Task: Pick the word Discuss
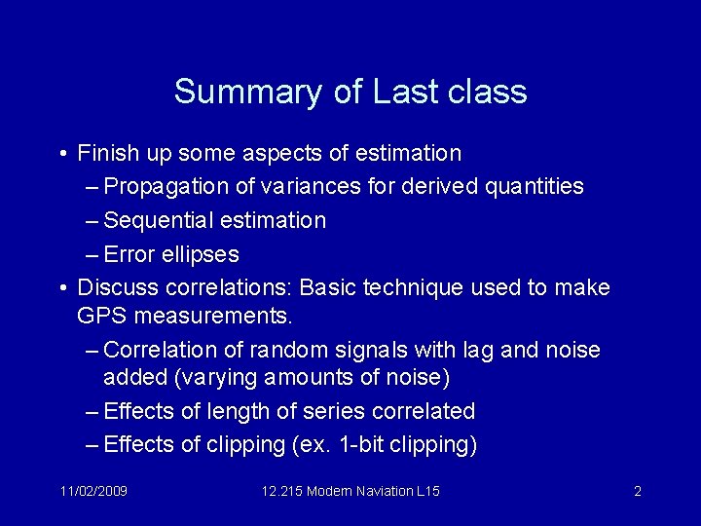tap(114, 288)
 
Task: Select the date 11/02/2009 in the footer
tap(93, 491)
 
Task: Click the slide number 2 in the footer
tap(637, 491)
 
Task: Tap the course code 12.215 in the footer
tap(284, 491)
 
